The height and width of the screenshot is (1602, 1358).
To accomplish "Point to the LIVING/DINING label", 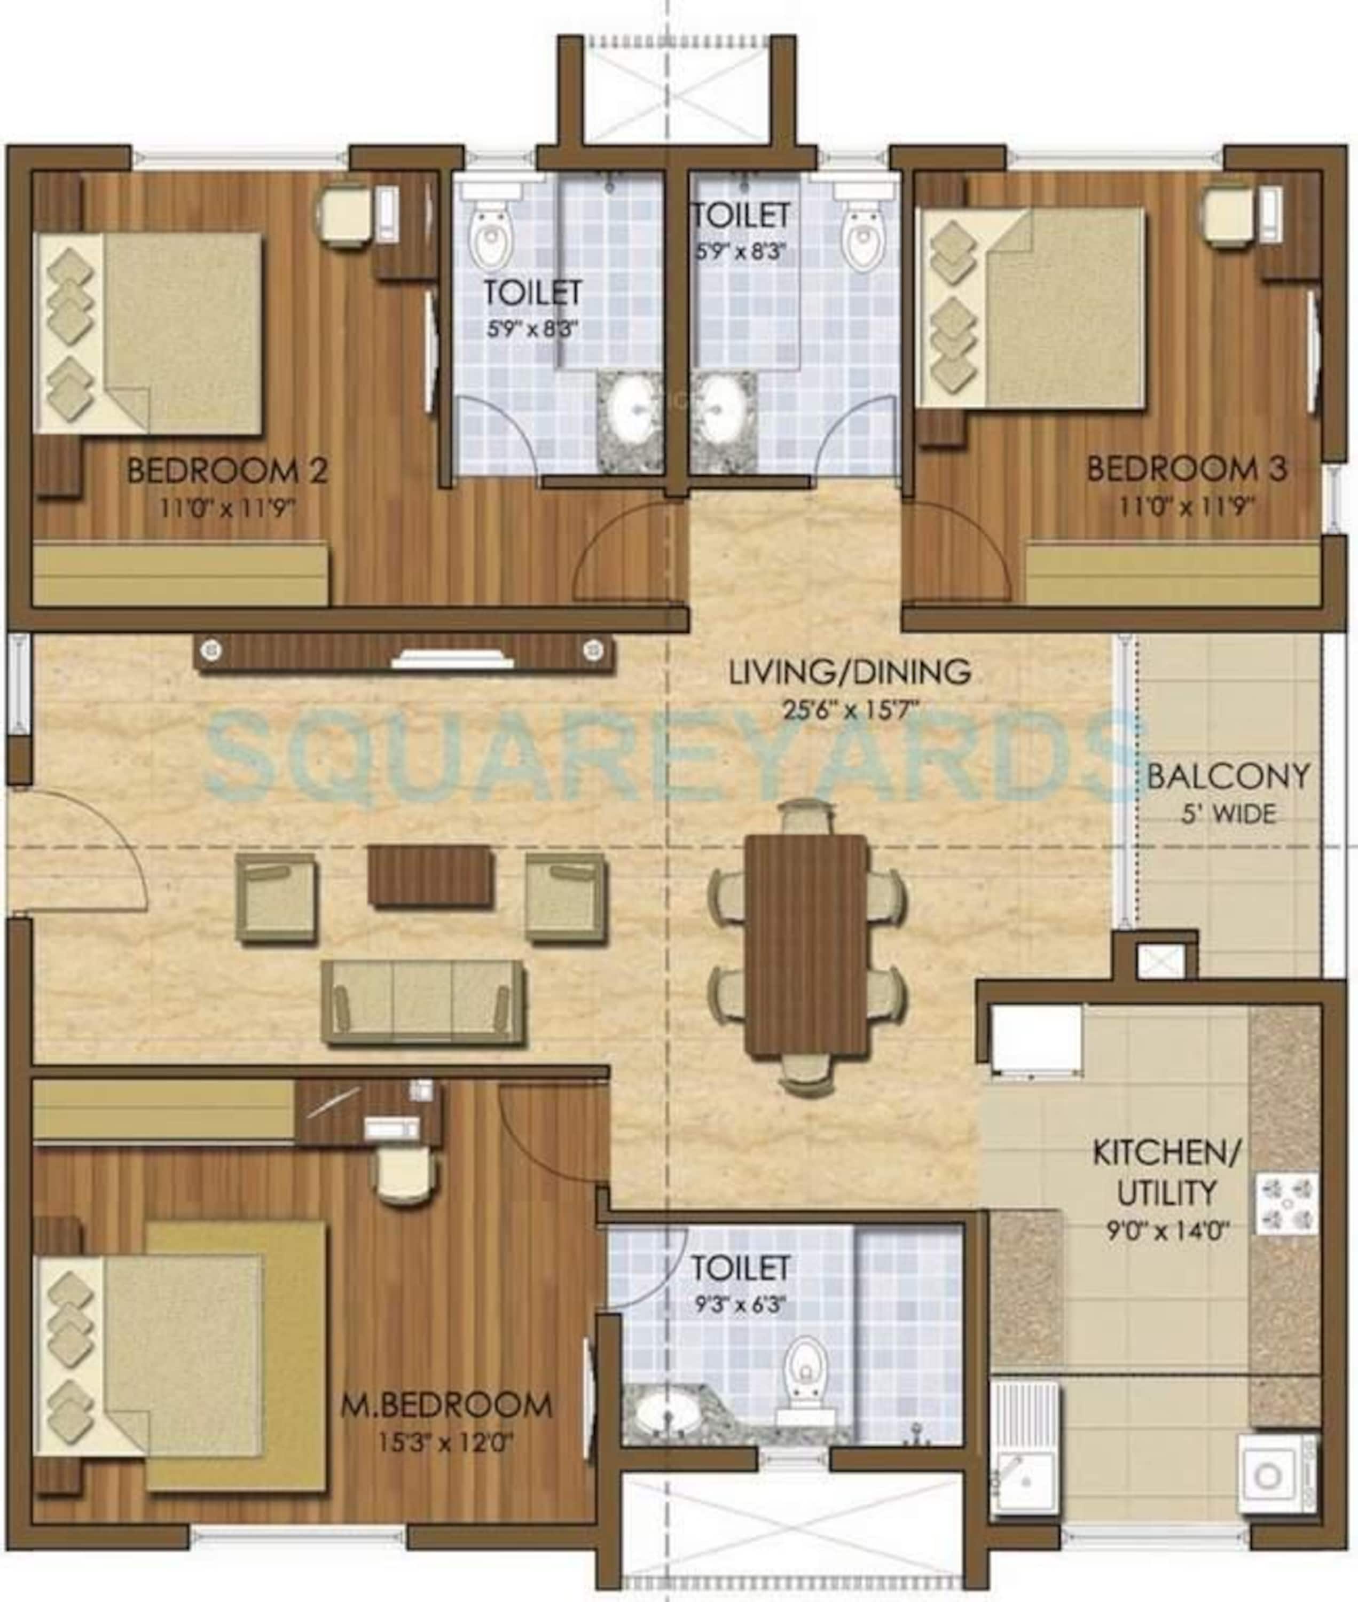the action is tap(850, 672).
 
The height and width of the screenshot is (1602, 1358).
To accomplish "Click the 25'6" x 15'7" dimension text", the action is tap(851, 709).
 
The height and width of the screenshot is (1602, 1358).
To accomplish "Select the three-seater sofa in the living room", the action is tap(424, 1002).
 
